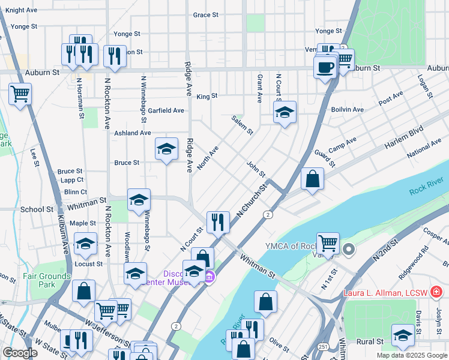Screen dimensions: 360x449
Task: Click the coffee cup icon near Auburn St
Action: (325, 67)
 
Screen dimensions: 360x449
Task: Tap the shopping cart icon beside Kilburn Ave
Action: (20, 94)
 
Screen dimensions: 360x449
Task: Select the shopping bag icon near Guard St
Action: (312, 179)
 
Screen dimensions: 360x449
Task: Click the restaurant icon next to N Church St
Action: (218, 222)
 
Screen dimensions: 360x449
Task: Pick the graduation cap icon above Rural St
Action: (403, 335)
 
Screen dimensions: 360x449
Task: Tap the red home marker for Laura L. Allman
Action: (436, 293)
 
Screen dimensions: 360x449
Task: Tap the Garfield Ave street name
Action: (166, 110)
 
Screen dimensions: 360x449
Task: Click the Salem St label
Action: (243, 125)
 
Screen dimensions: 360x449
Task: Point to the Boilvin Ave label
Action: (348, 110)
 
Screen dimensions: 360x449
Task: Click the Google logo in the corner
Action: (20, 353)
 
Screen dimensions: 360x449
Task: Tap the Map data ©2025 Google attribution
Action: (411, 355)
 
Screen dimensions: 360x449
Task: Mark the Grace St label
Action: (205, 15)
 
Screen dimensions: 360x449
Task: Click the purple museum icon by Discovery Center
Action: (209, 278)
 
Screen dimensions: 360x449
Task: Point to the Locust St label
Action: (88, 263)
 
